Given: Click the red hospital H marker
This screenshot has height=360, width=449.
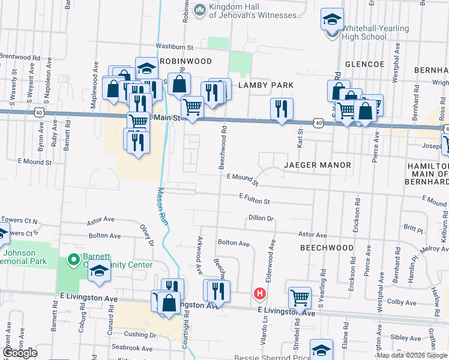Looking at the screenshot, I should pyautogui.click(x=260, y=293).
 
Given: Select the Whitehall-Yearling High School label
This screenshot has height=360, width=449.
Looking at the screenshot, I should pyautogui.click(x=367, y=32).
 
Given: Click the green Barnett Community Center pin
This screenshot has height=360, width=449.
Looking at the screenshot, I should pyautogui.click(x=74, y=260).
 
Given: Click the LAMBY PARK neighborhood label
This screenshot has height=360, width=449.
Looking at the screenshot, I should pyautogui.click(x=266, y=85).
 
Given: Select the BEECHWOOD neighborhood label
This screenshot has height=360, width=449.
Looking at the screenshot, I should pyautogui.click(x=327, y=247).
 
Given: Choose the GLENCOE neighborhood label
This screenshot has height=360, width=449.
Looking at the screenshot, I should pyautogui.click(x=364, y=64).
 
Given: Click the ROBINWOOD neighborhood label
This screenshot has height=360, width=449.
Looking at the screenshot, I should pyautogui.click(x=185, y=61).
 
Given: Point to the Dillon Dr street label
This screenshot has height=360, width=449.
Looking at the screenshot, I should pyautogui.click(x=260, y=219).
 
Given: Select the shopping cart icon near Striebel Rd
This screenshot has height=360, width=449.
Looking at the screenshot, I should pyautogui.click(x=300, y=296).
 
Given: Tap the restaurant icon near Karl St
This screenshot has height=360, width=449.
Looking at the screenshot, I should pyautogui.click(x=282, y=109).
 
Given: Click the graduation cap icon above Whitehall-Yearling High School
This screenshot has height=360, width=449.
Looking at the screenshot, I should pyautogui.click(x=332, y=20).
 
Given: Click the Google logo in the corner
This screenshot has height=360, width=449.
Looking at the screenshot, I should pyautogui.click(x=20, y=353).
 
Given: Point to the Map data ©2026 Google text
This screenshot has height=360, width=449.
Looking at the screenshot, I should pyautogui.click(x=411, y=355).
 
